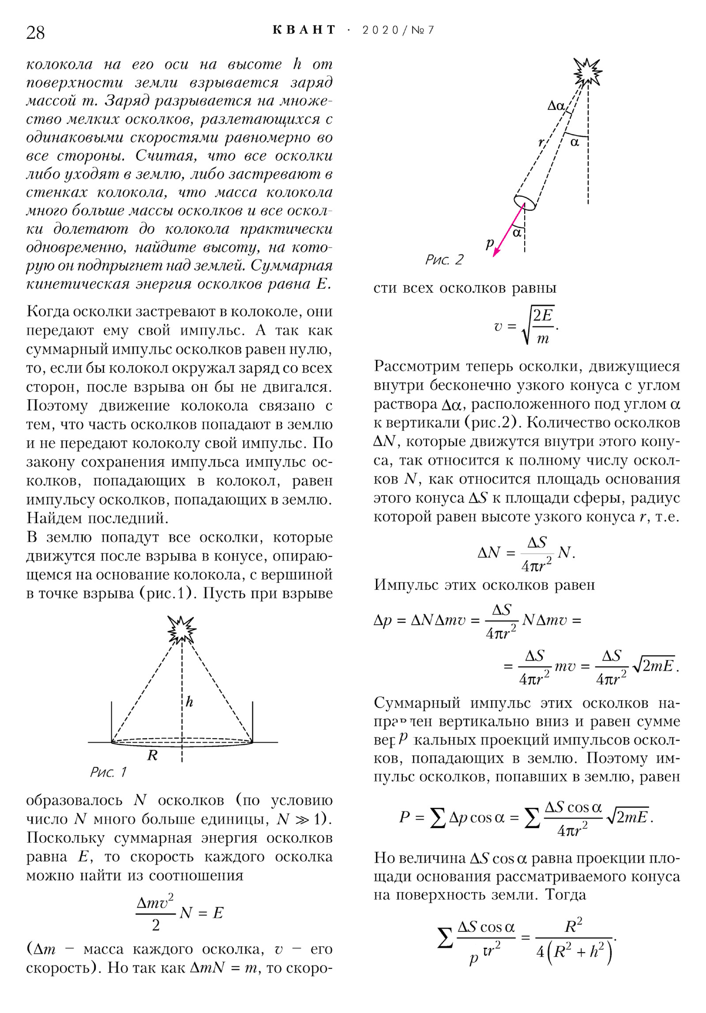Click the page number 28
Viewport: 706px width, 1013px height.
35,33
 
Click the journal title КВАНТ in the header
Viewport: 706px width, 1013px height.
304,30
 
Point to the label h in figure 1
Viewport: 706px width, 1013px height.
189,702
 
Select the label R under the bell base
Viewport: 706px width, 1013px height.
152,755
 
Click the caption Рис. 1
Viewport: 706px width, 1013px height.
108,772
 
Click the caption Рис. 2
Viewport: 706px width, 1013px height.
444,259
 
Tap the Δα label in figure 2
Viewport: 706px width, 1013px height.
556,106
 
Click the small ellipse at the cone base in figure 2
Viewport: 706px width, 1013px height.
525,203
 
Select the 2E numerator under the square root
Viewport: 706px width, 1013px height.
543,315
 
